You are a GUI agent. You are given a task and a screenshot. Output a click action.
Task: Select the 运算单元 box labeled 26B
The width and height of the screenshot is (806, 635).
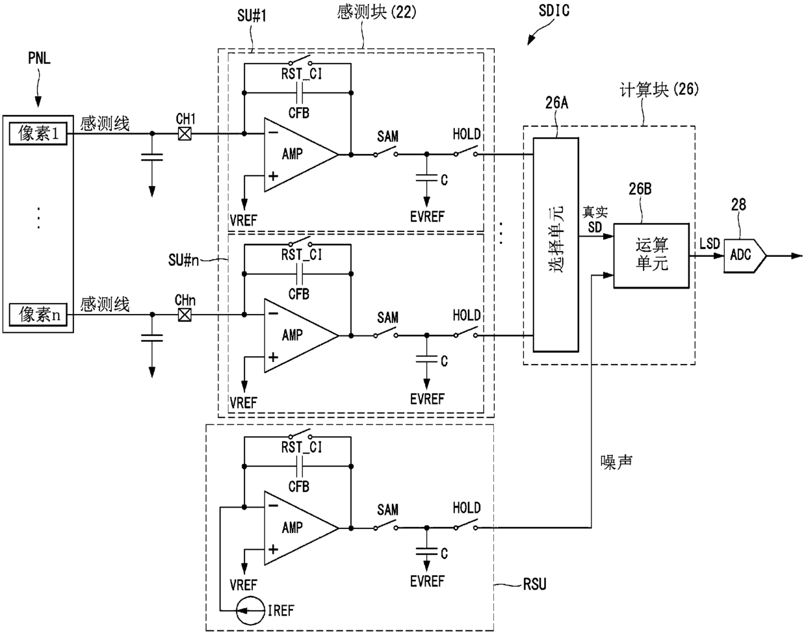[651, 256]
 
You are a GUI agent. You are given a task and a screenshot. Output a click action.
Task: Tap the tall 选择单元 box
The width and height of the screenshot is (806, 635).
[556, 244]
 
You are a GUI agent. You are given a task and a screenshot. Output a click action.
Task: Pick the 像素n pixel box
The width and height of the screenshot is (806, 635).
[38, 315]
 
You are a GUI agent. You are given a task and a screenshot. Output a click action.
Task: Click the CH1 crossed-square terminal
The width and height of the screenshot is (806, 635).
[184, 133]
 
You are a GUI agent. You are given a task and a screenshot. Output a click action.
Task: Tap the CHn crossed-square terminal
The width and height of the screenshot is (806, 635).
[184, 315]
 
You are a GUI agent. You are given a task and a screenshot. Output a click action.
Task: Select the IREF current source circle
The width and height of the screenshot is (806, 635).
[250, 611]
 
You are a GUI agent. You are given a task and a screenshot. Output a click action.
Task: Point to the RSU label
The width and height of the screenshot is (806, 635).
[534, 584]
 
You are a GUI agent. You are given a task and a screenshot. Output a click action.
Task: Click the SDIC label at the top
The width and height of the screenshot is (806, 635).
[554, 10]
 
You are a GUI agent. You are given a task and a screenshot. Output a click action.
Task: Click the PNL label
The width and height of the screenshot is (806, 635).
[40, 58]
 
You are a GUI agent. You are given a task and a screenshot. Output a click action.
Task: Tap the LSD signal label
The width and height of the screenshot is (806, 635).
[710, 244]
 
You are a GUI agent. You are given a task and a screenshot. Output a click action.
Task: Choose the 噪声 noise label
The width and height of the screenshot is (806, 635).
[616, 462]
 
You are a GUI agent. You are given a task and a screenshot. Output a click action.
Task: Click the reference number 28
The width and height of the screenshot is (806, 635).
[738, 205]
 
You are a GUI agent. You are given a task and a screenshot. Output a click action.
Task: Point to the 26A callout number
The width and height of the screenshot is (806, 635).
[556, 103]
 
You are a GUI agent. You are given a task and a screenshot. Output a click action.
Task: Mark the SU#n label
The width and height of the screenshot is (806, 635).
[183, 260]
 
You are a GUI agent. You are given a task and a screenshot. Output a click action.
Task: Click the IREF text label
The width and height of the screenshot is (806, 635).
[281, 611]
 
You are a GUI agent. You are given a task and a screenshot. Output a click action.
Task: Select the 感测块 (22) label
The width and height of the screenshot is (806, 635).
[376, 12]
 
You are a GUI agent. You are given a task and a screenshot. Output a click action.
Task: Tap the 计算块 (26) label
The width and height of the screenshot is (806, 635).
[659, 90]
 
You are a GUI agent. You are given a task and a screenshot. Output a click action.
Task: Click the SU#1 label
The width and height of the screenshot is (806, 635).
[252, 16]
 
